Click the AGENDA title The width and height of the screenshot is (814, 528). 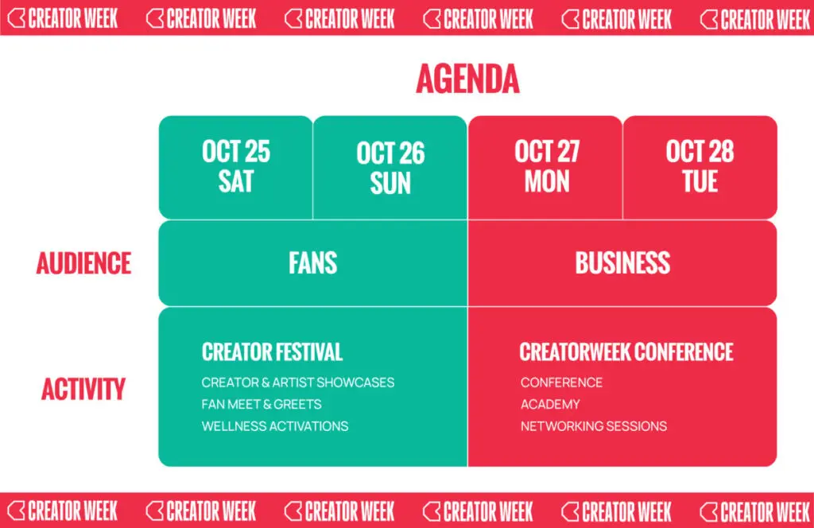[x=467, y=79]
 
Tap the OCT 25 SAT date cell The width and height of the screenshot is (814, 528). [x=235, y=167]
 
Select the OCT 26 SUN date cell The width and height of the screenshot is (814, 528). [x=390, y=167]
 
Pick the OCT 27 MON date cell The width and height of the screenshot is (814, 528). [x=545, y=167]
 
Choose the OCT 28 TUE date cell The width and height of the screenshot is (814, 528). [x=700, y=167]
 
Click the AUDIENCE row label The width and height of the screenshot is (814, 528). [x=83, y=263]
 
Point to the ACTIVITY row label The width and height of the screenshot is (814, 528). [x=83, y=389]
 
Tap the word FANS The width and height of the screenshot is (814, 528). [x=313, y=262]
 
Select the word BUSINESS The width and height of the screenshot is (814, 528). [x=622, y=262]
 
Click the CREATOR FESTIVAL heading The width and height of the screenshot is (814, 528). [x=272, y=352]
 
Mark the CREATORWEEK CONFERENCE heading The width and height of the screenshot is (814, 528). [x=626, y=352]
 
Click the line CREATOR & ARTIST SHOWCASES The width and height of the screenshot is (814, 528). [x=298, y=382]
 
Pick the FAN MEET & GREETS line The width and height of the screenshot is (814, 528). [x=262, y=405]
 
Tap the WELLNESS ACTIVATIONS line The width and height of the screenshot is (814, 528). [x=275, y=426]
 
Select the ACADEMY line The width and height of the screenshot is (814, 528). [x=550, y=405]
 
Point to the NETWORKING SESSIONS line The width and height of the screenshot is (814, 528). [x=594, y=426]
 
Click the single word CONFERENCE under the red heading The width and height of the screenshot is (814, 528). [x=562, y=382]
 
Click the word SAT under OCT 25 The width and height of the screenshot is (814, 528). [x=235, y=182]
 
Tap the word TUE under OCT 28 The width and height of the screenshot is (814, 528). [x=700, y=182]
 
